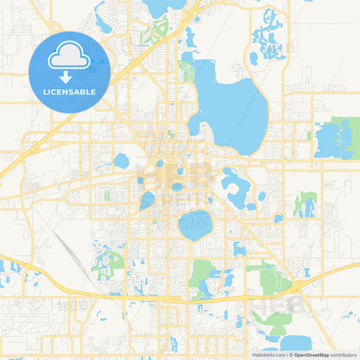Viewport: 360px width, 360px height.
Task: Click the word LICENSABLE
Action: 70,91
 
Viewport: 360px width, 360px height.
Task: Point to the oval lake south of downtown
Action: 194,225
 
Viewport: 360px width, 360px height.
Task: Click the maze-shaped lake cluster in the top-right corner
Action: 270,34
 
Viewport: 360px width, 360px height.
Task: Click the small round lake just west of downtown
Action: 122,161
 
